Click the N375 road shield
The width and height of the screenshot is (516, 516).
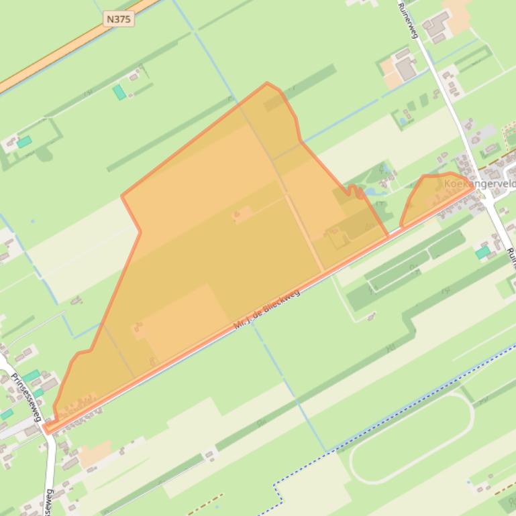click(x=119, y=19)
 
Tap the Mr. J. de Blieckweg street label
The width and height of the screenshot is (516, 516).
click(x=266, y=309)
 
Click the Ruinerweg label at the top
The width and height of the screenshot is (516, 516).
click(x=408, y=19)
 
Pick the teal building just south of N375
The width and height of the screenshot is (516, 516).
click(x=119, y=92)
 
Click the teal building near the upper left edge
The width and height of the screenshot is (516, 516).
click(x=24, y=141)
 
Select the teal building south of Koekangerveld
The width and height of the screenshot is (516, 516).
click(x=482, y=252)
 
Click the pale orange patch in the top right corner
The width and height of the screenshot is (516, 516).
click(x=459, y=17)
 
